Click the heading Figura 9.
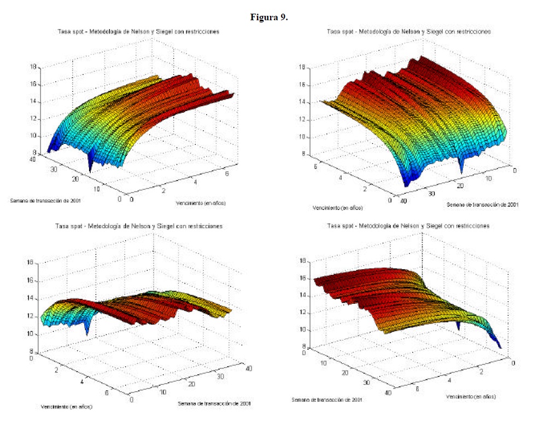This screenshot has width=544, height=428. tap(269, 17)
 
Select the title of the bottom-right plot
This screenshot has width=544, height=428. tap(408, 225)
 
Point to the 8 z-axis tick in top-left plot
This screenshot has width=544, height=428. tap(34, 153)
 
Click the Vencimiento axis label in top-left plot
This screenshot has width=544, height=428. tap(201, 203)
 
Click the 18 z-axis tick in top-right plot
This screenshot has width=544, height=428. tap(300, 67)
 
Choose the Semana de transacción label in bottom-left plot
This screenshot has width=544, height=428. tap(214, 403)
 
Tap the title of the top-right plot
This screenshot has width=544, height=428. tap(408, 32)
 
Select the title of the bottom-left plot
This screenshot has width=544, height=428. tap(138, 226)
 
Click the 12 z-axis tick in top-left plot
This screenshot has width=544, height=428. tap(32, 119)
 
